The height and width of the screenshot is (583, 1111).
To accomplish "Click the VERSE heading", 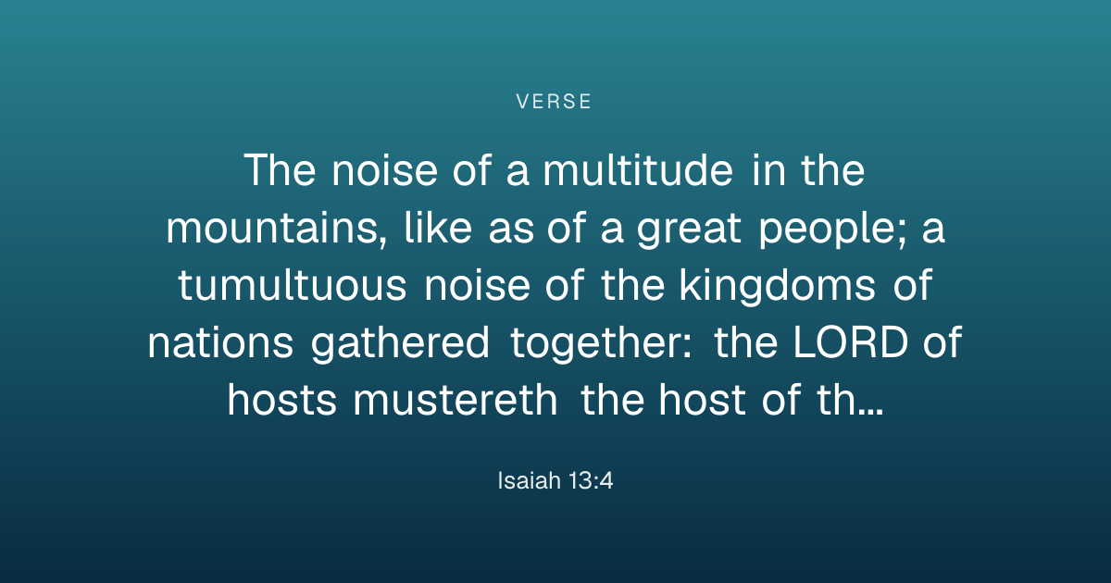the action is (554, 102).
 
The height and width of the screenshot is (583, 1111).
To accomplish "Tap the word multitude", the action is (638, 170).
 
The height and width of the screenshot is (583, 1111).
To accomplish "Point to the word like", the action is (438, 227).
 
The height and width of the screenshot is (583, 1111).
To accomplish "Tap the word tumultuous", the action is (293, 286).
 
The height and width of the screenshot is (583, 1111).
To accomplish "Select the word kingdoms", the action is (777, 287).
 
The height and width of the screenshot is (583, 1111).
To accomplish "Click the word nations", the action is (220, 342).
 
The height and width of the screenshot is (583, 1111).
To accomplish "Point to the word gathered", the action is (400, 344).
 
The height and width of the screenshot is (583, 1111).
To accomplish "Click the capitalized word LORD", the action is (851, 342).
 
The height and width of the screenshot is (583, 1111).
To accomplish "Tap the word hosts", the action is (281, 400).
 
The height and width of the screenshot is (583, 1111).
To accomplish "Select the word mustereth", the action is (456, 400).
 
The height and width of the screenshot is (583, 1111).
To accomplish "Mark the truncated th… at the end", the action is (850, 400).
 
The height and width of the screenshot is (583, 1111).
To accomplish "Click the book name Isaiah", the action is (529, 480).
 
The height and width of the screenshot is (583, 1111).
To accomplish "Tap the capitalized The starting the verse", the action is (280, 170).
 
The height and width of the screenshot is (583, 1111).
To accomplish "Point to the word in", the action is (768, 170).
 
